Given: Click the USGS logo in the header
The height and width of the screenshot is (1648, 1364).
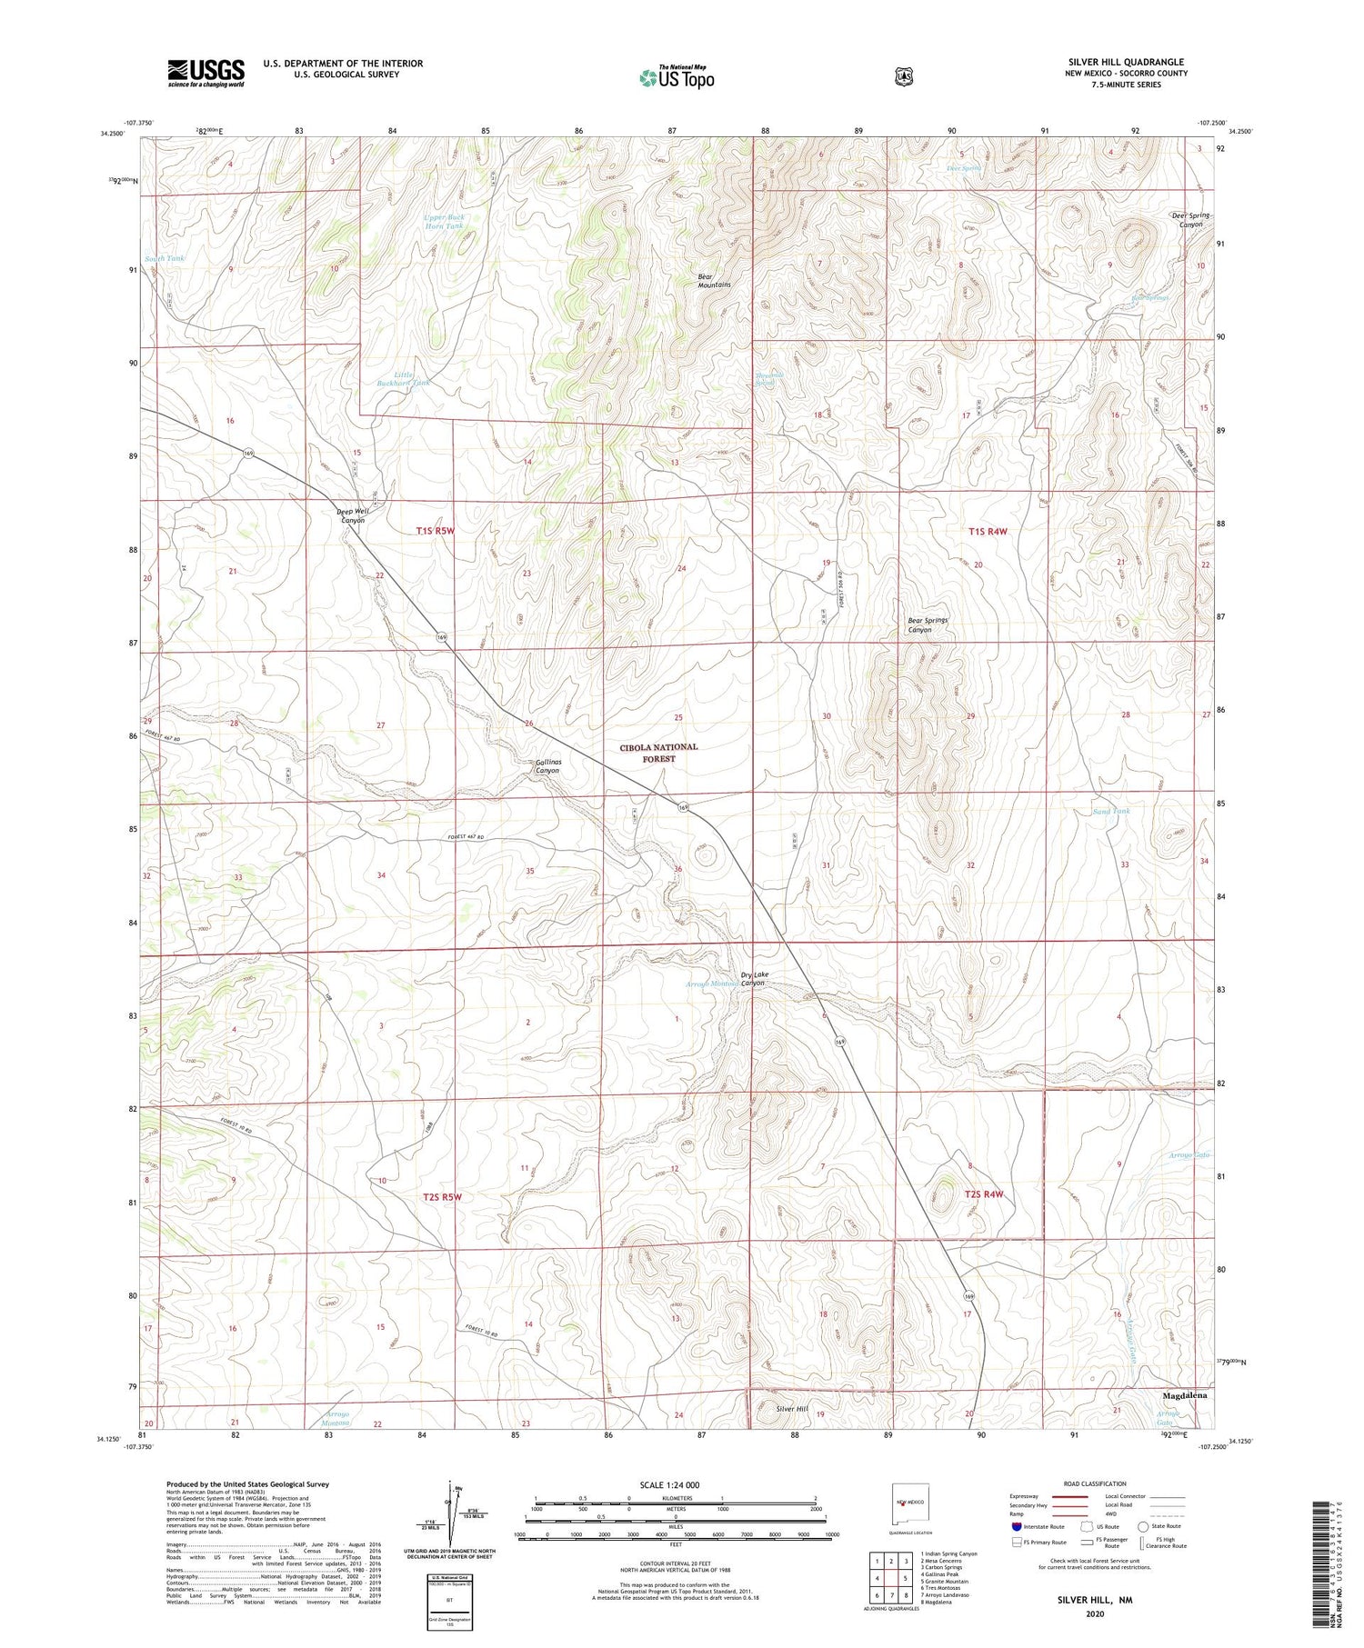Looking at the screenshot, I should coord(206,73).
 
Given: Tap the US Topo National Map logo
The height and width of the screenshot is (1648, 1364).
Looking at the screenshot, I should coord(677,77).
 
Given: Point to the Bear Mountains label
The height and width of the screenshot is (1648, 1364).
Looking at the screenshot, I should coord(714,279).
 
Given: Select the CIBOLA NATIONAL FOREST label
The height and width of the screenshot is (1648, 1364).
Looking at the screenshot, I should coord(659,752).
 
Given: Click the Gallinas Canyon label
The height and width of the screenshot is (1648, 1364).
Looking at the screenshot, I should coord(547,766).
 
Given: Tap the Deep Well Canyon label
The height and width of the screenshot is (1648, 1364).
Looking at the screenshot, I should coord(353,515).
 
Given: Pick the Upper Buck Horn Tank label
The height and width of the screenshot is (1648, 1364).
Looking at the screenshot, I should coord(445,221).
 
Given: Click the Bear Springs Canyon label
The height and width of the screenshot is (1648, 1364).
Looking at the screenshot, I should coord(928,624).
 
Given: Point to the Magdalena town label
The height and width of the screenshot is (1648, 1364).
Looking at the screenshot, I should coord(1185,1394).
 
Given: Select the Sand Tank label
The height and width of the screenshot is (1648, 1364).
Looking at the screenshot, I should coord(1111,811).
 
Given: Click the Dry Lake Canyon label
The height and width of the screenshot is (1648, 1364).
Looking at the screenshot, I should coord(754,978).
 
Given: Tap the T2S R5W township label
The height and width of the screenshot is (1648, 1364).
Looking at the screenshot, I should coord(442,1197).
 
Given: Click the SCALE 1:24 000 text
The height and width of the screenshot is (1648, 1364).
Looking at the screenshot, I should coord(675,1484).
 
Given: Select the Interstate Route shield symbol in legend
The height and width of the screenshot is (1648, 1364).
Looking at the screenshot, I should coord(1017,1526).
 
